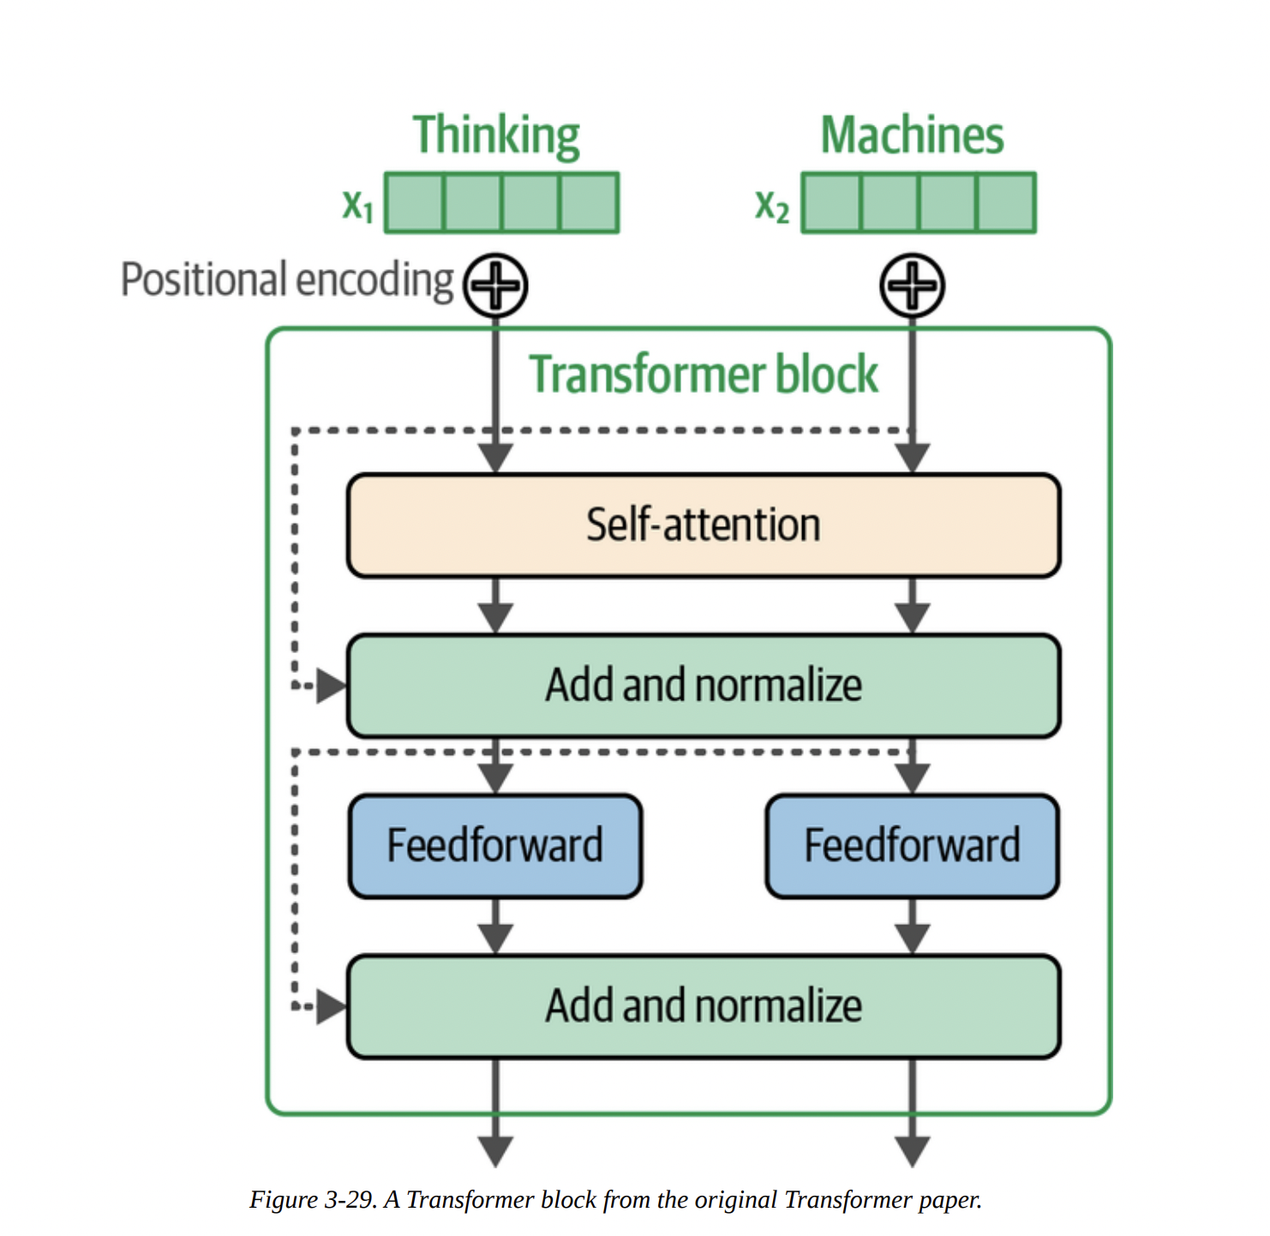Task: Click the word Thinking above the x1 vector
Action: point(496,135)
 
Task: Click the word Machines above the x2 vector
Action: point(912,135)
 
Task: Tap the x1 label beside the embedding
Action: point(357,206)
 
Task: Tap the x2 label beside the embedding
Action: point(771,206)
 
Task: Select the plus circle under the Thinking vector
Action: point(495,285)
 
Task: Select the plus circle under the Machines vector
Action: point(912,285)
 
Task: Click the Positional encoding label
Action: point(287,280)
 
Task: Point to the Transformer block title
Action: point(703,375)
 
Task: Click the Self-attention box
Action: point(703,525)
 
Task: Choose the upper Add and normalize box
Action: point(703,685)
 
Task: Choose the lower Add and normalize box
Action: point(703,1005)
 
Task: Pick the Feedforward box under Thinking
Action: point(495,845)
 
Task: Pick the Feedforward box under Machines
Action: point(912,845)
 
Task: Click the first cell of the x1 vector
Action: point(415,203)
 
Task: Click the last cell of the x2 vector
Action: point(1005,203)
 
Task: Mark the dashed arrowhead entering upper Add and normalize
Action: point(331,686)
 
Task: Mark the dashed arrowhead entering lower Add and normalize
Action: point(331,1006)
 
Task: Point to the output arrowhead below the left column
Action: point(495,1150)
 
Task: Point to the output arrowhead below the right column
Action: point(912,1150)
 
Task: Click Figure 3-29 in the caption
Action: point(313,1199)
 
